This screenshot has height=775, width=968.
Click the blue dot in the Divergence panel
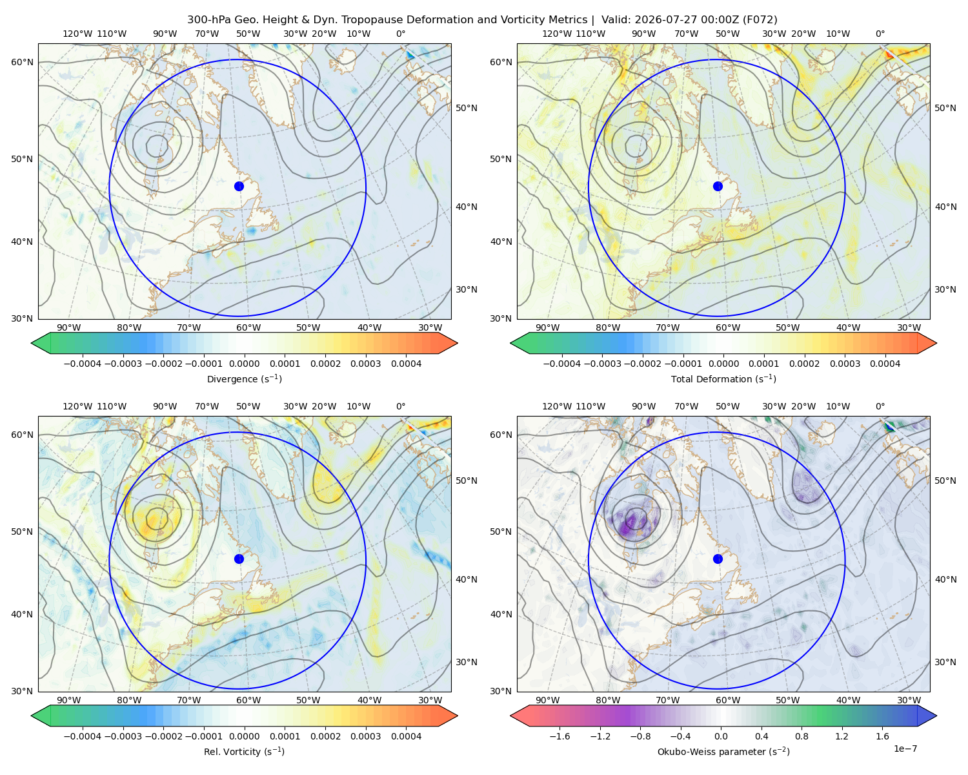click(239, 186)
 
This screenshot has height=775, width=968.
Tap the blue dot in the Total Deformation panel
click(718, 186)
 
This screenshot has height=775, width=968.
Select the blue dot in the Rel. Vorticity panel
click(239, 559)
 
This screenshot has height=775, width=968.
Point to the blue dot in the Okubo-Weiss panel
click(718, 559)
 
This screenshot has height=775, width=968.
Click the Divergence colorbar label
click(244, 378)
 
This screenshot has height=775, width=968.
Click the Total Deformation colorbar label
click(723, 378)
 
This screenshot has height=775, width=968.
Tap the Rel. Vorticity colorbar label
click(244, 751)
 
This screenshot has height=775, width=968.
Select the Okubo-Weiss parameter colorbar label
click(723, 751)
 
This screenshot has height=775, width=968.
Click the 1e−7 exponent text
click(905, 749)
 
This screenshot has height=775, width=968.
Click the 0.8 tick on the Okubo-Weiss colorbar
click(802, 736)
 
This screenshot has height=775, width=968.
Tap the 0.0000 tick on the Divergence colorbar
click(244, 364)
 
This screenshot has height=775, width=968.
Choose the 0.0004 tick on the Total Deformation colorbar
click(885, 364)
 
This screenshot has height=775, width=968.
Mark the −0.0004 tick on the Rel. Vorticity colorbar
click(83, 736)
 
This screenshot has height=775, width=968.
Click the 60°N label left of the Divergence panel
click(22, 62)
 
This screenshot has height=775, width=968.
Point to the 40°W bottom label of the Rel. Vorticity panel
click(369, 700)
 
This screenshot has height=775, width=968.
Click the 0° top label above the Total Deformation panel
click(880, 34)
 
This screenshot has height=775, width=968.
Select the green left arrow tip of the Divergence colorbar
click(32, 343)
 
